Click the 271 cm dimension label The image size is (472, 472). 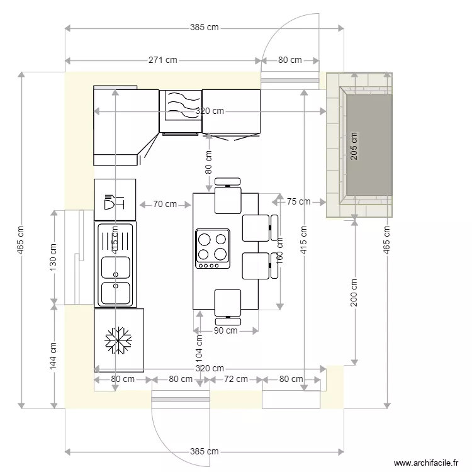pos(162,60)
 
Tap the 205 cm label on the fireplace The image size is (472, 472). pos(354,146)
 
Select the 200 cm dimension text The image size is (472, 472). pos(354,293)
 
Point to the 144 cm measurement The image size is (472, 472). pos(53,356)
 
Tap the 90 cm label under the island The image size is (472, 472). pos(226,330)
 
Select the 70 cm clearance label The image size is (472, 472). pos(165,204)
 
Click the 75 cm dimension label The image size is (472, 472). pos(298,202)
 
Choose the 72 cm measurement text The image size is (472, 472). pos(236,379)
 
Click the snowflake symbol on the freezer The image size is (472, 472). pos(118,340)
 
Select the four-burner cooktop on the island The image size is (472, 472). pos(212,248)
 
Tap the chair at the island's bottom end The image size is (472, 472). pos(227,305)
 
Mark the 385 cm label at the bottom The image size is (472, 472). pos(204,451)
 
